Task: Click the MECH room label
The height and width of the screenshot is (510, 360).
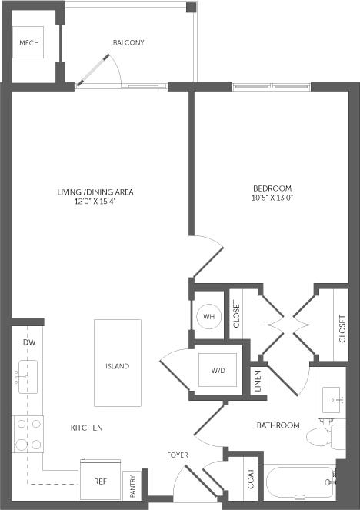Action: (29, 42)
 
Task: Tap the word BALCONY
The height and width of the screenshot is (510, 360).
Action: (128, 42)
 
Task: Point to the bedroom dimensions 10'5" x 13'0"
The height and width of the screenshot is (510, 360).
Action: (273, 198)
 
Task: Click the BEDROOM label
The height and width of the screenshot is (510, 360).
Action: (273, 188)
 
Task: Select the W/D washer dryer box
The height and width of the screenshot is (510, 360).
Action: (218, 371)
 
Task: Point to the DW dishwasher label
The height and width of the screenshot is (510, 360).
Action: (29, 341)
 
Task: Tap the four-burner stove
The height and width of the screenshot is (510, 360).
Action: (28, 433)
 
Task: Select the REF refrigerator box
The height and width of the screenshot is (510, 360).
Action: (101, 481)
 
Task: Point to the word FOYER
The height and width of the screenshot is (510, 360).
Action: (178, 455)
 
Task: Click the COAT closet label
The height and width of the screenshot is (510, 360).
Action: (251, 478)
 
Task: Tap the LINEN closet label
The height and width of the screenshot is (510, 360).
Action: (258, 382)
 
